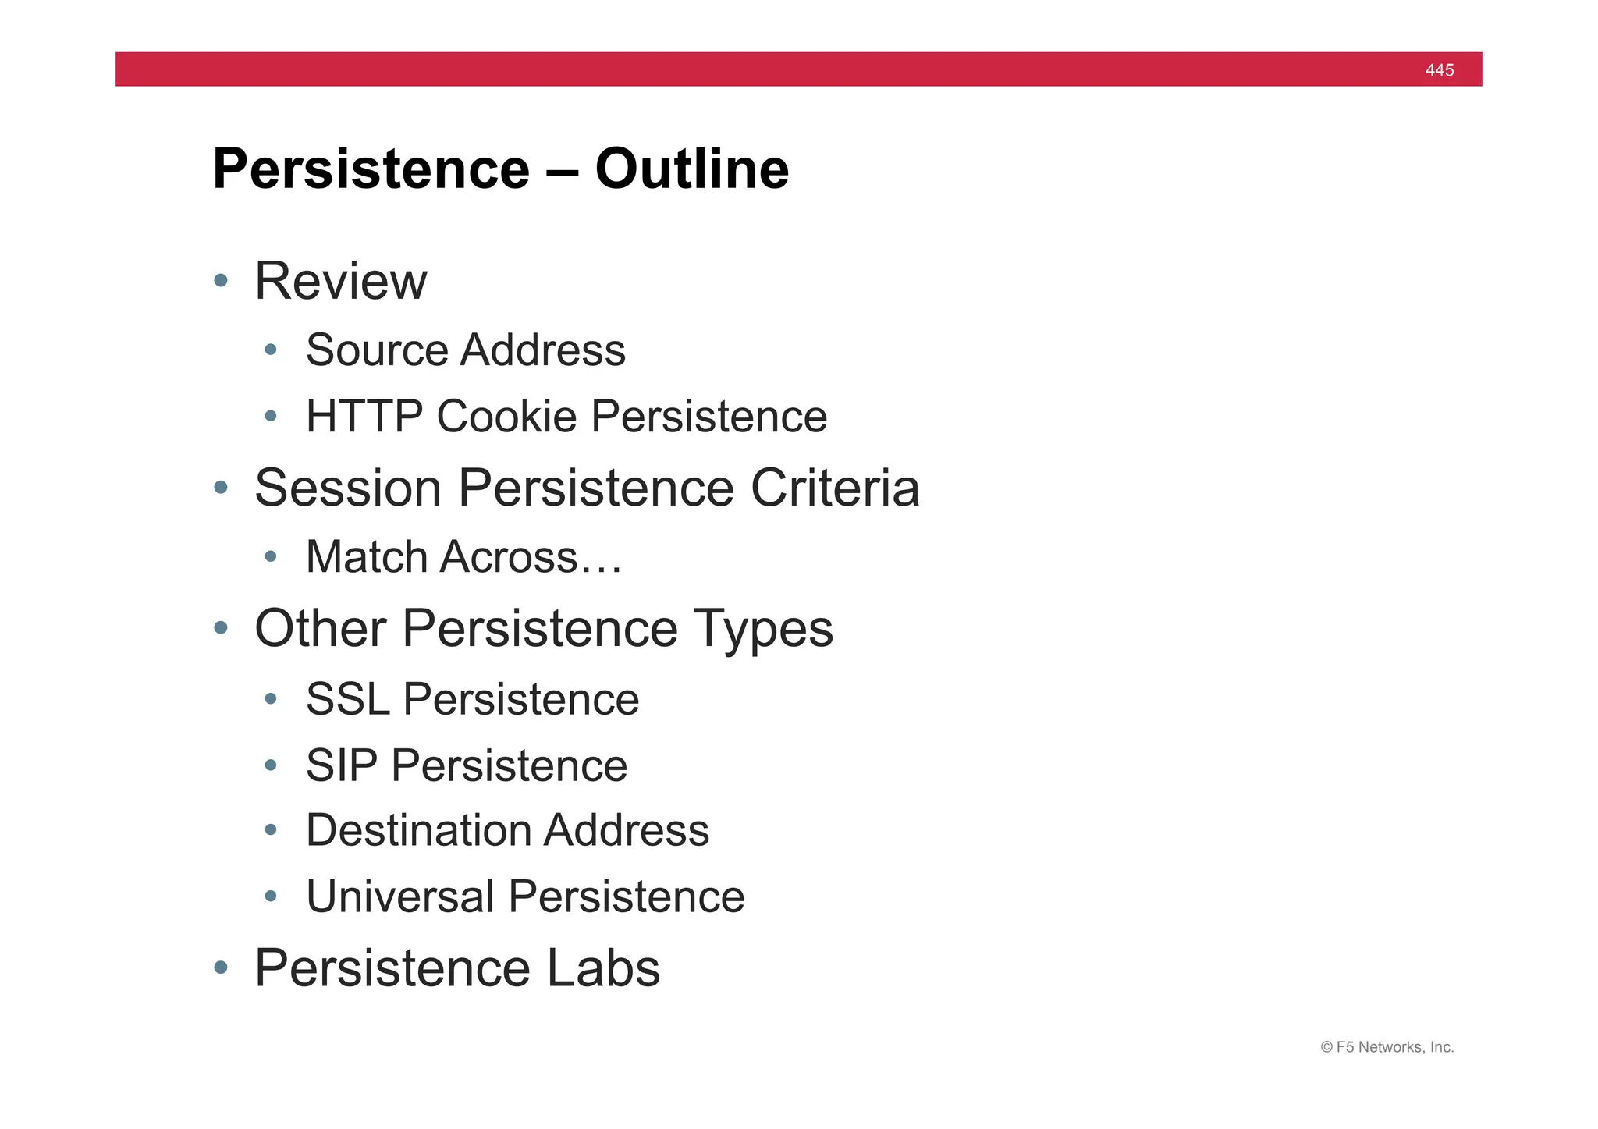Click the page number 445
click(1439, 70)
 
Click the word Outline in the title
click(691, 169)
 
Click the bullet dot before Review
click(221, 281)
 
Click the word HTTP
click(364, 416)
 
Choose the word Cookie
click(506, 416)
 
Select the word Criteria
click(835, 488)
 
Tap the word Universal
click(400, 896)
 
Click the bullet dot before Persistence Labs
click(221, 968)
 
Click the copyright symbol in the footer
click(1326, 1048)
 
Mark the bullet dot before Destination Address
click(271, 830)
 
